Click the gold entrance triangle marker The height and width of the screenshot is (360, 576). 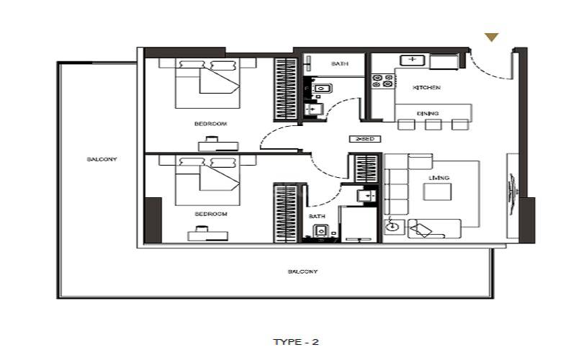click(x=492, y=37)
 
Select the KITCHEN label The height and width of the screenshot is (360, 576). click(x=426, y=88)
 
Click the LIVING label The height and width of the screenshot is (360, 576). click(x=438, y=178)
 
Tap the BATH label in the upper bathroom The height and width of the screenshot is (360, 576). click(x=340, y=64)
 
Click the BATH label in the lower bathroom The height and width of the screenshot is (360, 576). click(x=317, y=216)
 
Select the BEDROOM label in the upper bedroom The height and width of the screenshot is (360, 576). click(x=211, y=124)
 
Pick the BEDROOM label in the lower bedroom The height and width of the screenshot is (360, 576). click(x=211, y=214)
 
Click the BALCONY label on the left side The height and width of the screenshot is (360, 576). click(x=102, y=159)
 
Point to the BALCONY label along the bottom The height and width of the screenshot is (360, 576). click(x=302, y=271)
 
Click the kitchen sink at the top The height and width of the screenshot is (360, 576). click(x=413, y=60)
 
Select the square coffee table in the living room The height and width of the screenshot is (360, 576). click(x=437, y=192)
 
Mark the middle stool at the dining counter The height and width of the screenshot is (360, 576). click(x=433, y=125)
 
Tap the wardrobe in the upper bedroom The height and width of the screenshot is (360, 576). click(x=285, y=89)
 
